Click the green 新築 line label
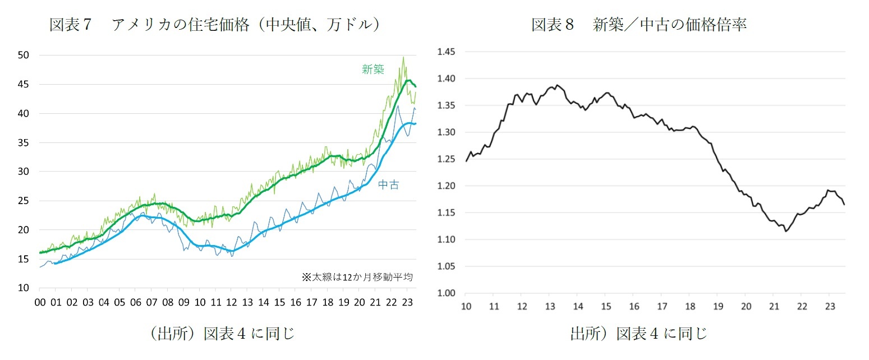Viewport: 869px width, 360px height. [373, 70]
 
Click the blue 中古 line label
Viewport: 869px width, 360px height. [388, 184]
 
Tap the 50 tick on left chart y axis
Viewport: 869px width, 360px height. [23, 55]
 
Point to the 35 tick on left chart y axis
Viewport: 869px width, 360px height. [23, 142]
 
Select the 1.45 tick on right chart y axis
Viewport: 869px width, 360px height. [447, 52]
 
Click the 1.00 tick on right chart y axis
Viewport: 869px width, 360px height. [447, 293]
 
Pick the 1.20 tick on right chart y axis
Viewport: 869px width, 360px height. [447, 186]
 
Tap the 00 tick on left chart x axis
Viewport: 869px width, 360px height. [40, 302]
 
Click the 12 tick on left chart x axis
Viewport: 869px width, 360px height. [231, 302]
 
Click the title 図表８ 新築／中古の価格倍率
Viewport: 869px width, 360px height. [639, 25]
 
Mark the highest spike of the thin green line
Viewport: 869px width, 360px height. [403, 57]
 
